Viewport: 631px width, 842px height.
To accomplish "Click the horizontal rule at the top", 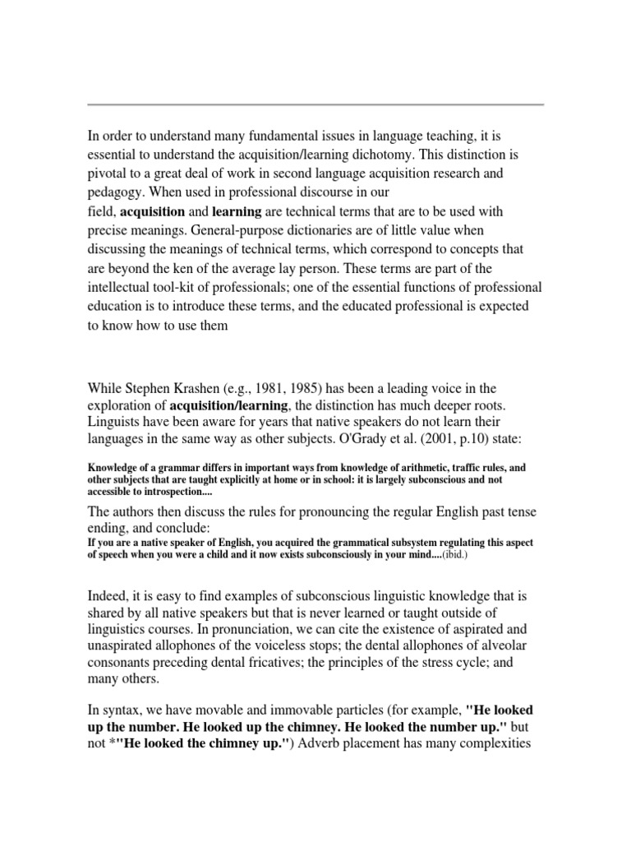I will (315, 104).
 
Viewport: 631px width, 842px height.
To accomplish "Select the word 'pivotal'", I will (108, 174).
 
